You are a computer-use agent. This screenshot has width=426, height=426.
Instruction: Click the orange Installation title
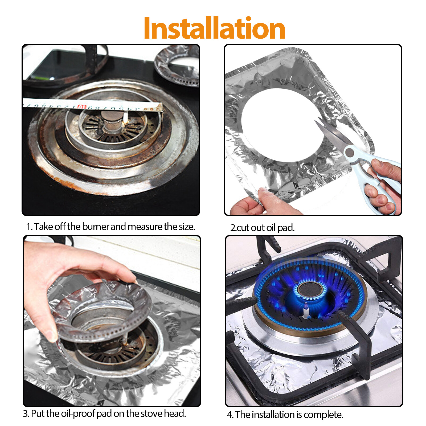pos(214,28)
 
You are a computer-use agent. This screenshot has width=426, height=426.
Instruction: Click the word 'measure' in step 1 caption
pos(145,227)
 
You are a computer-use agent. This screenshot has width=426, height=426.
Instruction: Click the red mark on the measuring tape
pos(82,107)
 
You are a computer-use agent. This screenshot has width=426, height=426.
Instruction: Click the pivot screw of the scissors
pos(349,153)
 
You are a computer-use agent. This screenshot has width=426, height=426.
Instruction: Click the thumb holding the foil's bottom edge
pos(266,197)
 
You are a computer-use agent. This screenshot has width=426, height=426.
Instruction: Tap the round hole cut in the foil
pos(282,125)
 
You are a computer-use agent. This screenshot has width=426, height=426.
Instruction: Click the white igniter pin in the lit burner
pos(306,312)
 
